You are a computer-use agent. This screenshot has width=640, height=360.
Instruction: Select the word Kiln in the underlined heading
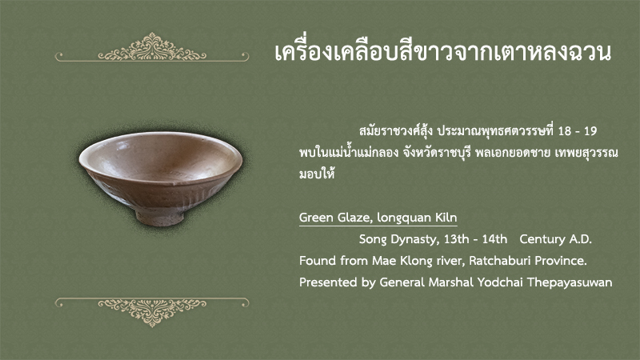[x=446, y=218]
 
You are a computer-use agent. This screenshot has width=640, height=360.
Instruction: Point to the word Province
[x=561, y=261]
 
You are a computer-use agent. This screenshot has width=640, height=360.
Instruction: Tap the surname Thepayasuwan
[x=570, y=283]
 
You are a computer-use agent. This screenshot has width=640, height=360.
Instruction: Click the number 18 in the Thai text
[x=565, y=131]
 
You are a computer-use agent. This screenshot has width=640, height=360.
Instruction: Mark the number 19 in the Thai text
[x=590, y=131]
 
